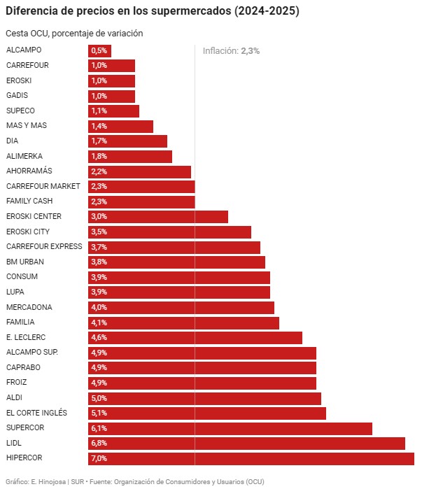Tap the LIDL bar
246,443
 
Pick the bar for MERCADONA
181,307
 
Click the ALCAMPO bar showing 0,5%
99,50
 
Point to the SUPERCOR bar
230,428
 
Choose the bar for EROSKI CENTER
158,216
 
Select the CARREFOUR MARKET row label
43,186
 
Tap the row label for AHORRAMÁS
29,171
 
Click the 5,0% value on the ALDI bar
99,398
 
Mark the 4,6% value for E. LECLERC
99,337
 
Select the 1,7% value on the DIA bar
99,141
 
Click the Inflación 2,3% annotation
231,50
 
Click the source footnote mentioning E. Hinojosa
134,481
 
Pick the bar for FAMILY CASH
141,201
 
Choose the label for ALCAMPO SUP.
32,352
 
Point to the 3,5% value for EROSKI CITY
99,232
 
